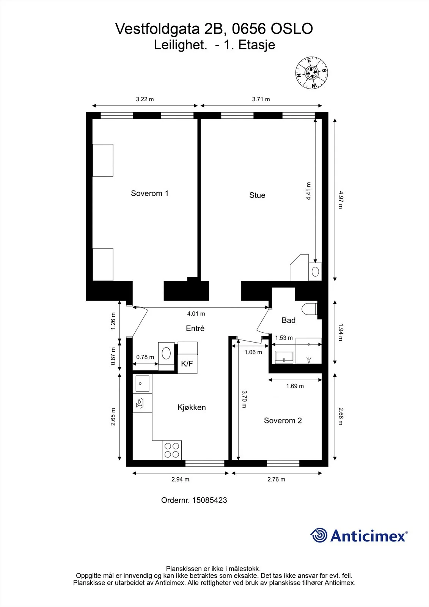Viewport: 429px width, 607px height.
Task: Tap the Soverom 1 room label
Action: [149, 193]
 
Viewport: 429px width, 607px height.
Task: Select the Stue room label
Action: [257, 195]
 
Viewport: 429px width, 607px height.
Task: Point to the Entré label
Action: [195, 328]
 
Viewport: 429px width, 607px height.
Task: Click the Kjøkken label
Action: [192, 407]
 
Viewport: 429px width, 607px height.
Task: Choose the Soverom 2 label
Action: [283, 420]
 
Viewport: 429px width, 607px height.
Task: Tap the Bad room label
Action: [288, 320]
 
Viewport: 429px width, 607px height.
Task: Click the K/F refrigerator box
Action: [187, 364]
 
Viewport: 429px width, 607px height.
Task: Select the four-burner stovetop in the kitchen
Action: [172, 450]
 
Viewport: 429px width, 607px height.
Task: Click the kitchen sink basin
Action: [142, 384]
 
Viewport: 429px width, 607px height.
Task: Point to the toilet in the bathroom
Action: [309, 309]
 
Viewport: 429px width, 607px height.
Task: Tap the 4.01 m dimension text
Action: [196, 314]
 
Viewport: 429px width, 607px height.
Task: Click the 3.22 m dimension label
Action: [145, 99]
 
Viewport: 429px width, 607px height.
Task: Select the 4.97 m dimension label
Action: [341, 200]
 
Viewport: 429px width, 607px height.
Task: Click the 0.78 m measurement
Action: [145, 357]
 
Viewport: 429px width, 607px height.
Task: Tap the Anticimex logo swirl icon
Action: [319, 535]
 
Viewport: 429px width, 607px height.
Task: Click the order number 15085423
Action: [209, 500]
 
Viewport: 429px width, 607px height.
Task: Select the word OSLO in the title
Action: [292, 29]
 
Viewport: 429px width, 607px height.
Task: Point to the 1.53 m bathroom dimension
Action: [284, 338]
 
